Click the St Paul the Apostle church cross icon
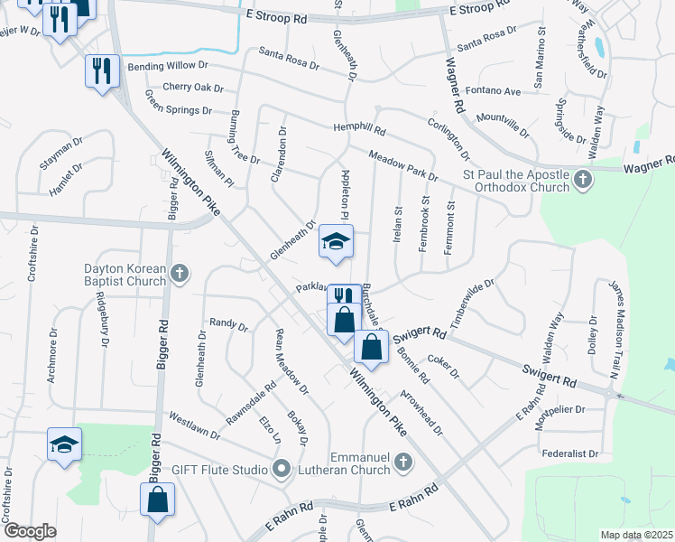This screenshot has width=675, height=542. (583, 181)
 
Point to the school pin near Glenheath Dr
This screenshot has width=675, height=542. (336, 243)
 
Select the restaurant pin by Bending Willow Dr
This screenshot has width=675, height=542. (102, 70)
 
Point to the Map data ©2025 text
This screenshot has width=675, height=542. (635, 535)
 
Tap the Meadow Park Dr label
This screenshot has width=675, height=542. (402, 165)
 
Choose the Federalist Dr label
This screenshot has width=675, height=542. (569, 453)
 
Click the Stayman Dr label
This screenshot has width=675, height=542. (60, 153)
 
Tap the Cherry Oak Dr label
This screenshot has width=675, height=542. (192, 88)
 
